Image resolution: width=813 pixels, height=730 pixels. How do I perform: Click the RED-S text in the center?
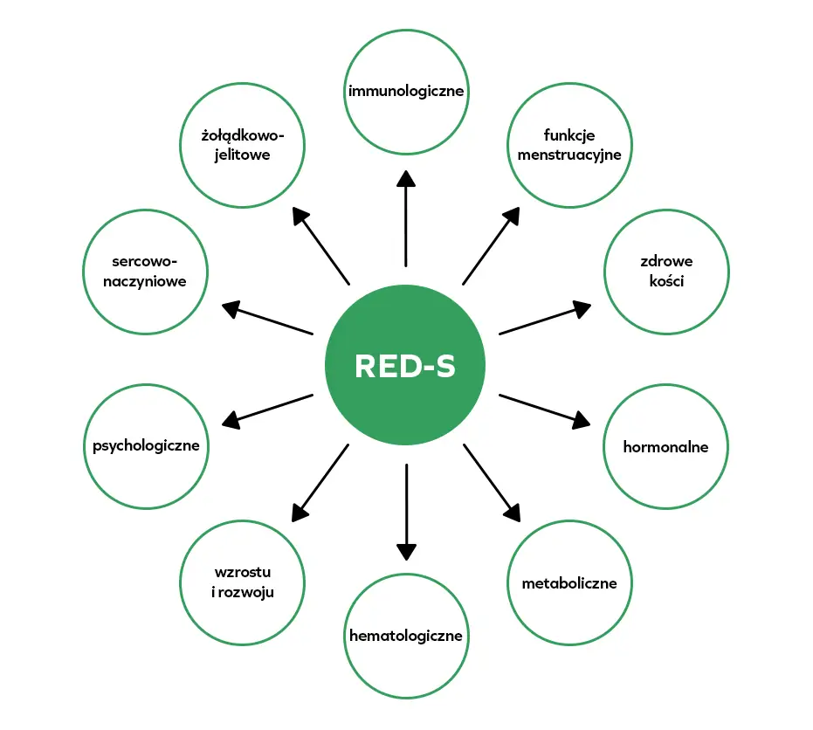[405, 366]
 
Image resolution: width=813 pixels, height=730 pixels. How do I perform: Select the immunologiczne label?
[406, 91]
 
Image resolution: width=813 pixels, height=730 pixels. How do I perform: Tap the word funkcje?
[568, 136]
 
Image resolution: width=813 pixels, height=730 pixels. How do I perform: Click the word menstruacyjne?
[568, 155]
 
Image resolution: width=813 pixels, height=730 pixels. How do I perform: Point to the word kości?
[666, 281]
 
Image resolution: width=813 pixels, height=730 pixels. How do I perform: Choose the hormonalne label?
[665, 446]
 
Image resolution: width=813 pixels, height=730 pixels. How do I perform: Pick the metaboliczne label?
[568, 582]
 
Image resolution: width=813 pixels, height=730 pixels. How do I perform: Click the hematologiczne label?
[405, 635]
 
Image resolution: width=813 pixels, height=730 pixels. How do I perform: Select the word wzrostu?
[243, 573]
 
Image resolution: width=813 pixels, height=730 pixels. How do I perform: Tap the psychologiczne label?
[146, 445]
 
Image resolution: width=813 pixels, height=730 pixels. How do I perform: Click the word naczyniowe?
[145, 281]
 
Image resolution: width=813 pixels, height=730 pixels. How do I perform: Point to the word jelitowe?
[243, 155]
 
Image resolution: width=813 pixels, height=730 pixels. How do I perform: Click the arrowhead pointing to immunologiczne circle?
[406, 177]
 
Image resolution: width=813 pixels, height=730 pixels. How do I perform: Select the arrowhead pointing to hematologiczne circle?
[406, 551]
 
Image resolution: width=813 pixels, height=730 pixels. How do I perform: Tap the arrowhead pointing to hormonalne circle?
[582, 422]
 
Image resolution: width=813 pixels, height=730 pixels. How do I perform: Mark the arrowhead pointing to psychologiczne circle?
[231, 422]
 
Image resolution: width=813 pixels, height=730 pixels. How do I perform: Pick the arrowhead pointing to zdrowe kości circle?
[582, 307]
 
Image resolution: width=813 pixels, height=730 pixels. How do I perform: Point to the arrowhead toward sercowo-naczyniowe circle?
[231, 306]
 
